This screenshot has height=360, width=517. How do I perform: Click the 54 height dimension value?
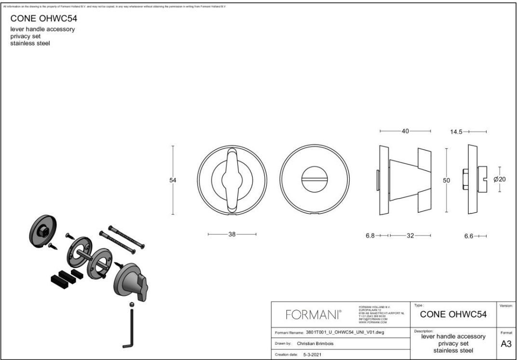click(x=173, y=180)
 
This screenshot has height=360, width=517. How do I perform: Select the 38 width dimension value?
click(x=231, y=234)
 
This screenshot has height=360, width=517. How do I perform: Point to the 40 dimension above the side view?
click(x=405, y=131)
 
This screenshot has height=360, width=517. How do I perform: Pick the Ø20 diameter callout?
click(x=500, y=179)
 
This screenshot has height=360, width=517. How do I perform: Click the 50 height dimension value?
click(x=446, y=180)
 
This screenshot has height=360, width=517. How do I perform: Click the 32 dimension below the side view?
click(x=410, y=235)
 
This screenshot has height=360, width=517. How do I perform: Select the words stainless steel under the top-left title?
click(x=30, y=44)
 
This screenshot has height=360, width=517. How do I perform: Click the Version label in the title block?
click(x=506, y=306)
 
